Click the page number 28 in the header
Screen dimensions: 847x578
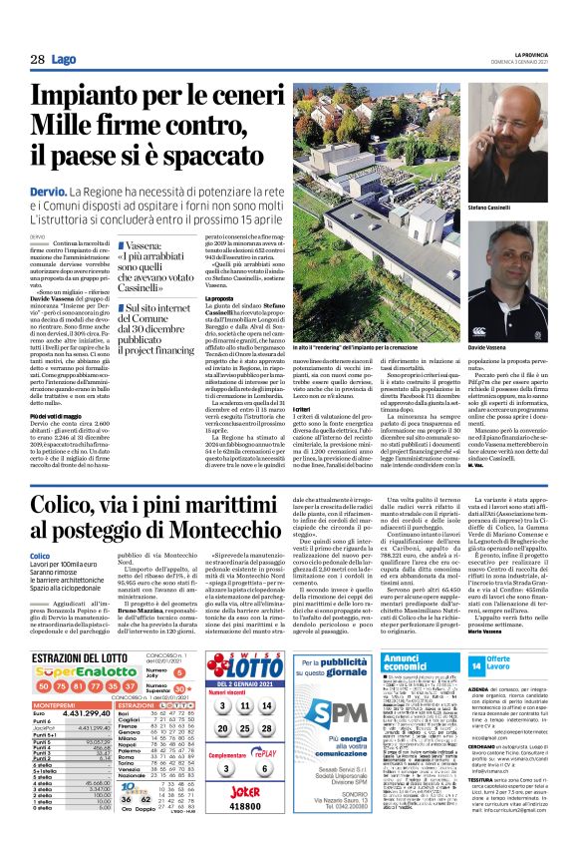37,59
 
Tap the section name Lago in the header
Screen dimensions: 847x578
65,59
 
